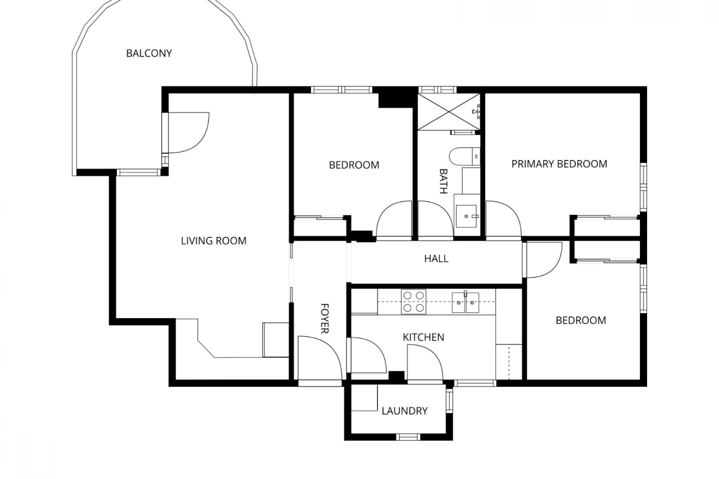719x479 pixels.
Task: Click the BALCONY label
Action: click(x=149, y=54)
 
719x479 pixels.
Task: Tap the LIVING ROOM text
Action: click(x=213, y=241)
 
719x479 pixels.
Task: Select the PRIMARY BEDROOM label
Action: click(x=559, y=164)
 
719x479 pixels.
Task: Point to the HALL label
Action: click(x=436, y=259)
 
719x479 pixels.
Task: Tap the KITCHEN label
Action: click(x=423, y=337)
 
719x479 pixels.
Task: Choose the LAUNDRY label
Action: click(x=404, y=411)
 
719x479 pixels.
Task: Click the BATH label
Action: click(x=443, y=181)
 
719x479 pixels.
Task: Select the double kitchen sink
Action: click(x=465, y=302)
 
